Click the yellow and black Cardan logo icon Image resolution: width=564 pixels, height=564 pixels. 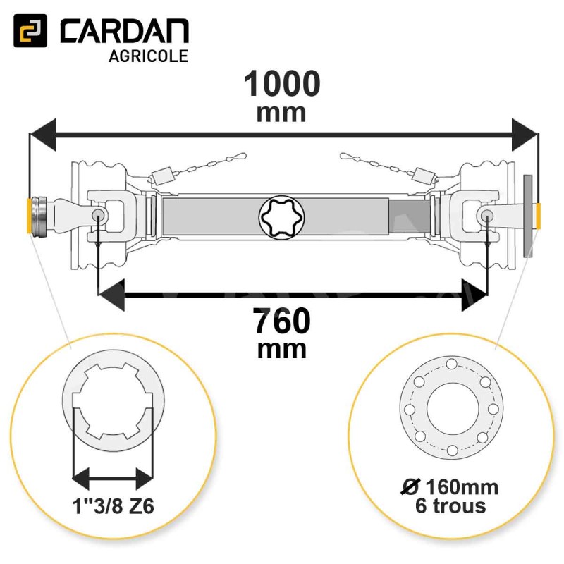pos(30,30)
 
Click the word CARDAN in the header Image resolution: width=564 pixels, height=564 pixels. pos(124,31)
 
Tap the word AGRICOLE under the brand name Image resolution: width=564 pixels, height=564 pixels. pos(148,56)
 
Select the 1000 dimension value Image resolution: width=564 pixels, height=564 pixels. pos(282,83)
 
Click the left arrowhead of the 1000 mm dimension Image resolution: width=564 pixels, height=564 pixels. pos(42,135)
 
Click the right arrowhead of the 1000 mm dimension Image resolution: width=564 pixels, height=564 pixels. pos(525,135)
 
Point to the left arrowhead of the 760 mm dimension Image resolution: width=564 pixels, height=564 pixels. pos(111,295)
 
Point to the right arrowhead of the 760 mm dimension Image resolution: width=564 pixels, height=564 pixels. pos(474,295)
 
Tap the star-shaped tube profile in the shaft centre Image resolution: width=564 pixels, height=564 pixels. pos(281,217)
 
